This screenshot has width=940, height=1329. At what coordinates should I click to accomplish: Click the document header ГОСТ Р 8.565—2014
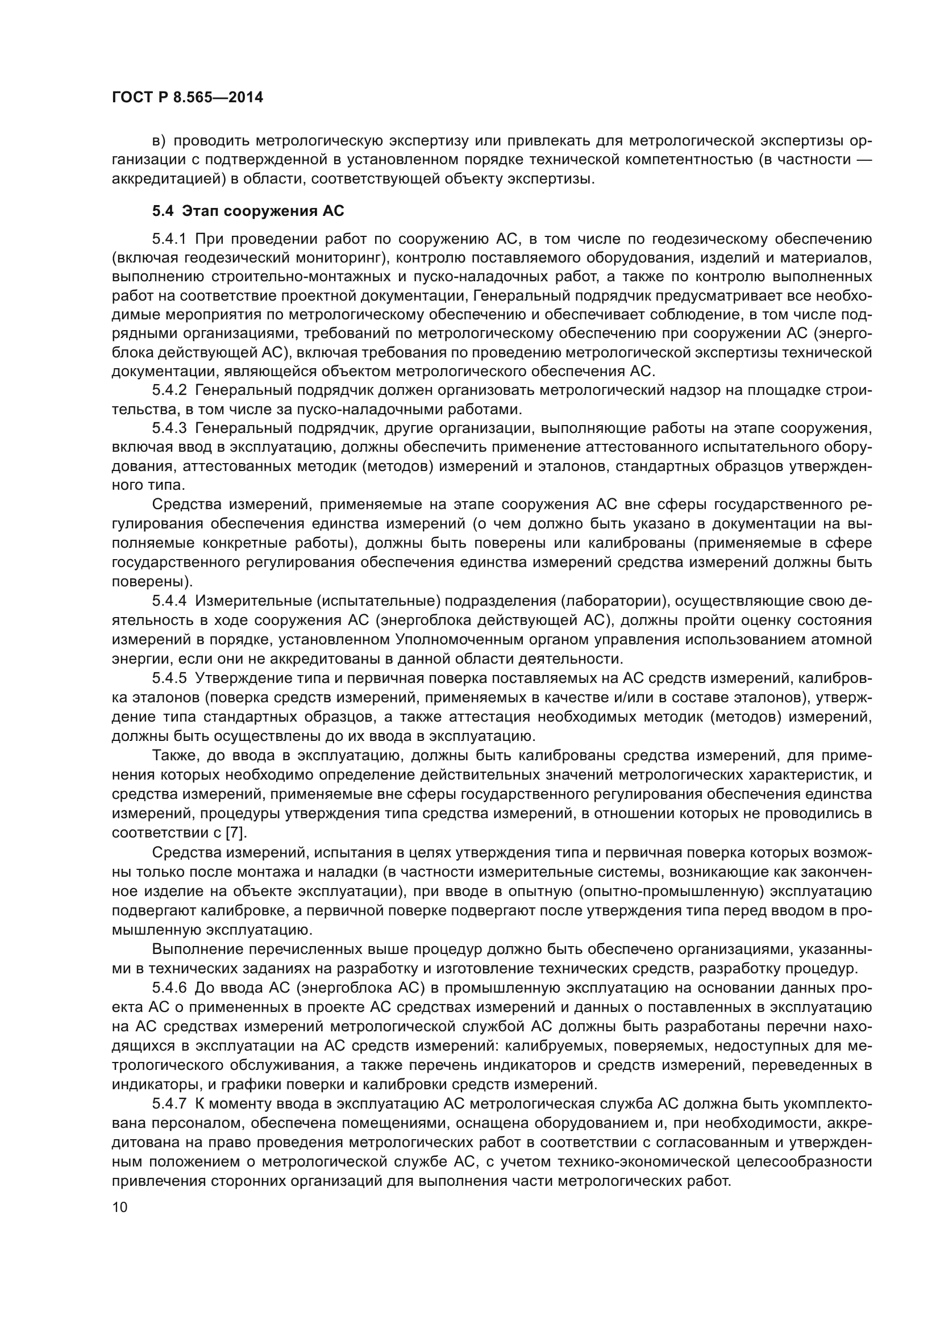(188, 97)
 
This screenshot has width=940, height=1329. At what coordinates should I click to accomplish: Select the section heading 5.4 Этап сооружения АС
(248, 211)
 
